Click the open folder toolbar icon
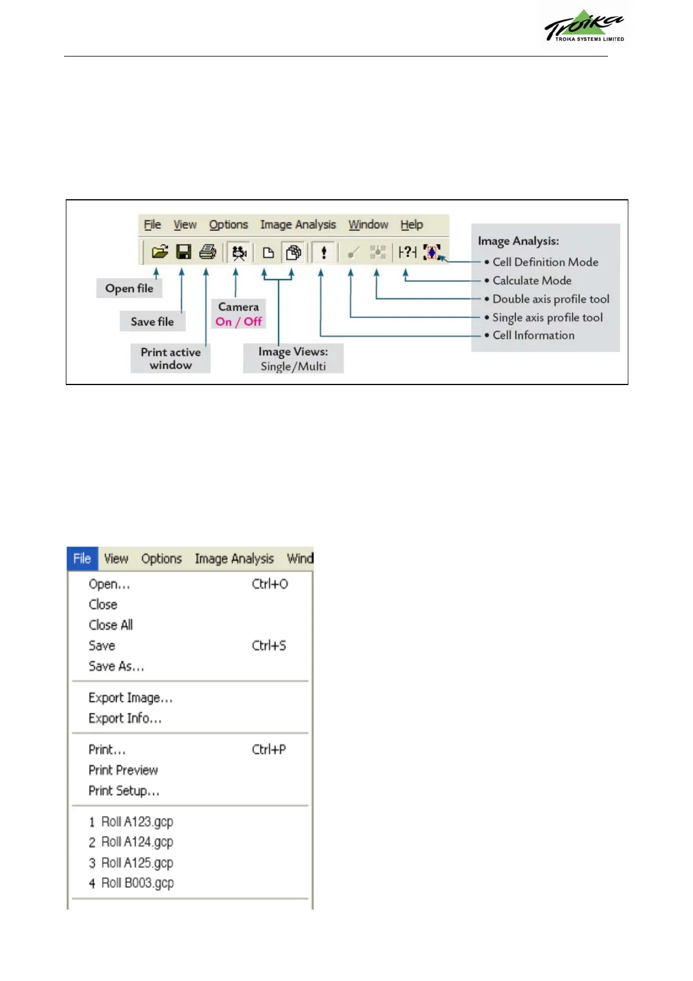[x=160, y=252]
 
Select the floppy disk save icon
[x=183, y=252]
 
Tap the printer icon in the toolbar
[x=207, y=252]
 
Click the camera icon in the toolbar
[x=239, y=252]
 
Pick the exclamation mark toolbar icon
[x=324, y=252]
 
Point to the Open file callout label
[x=129, y=288]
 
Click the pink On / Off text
[x=238, y=322]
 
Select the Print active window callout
[x=171, y=358]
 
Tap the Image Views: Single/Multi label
[x=293, y=359]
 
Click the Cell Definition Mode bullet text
[x=545, y=262]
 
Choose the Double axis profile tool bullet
[x=550, y=299]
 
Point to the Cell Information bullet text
[x=533, y=336]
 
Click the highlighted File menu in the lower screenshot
[x=82, y=559]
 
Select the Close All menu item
[x=111, y=625]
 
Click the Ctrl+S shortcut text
[x=268, y=645]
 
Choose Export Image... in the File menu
[x=130, y=698]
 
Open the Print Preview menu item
[x=123, y=770]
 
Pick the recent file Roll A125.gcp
[x=137, y=863]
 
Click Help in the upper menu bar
[x=411, y=225]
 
